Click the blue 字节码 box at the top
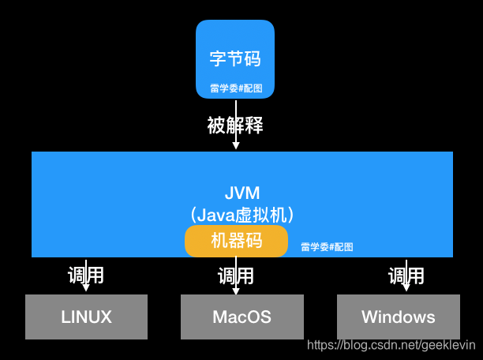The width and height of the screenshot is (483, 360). (x=235, y=59)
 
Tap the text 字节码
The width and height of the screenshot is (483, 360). (x=235, y=58)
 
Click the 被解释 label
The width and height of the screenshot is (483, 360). (x=235, y=125)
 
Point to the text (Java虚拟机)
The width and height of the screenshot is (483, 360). (x=241, y=214)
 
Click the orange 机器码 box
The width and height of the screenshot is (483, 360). (x=236, y=241)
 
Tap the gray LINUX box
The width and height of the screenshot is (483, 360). (x=87, y=317)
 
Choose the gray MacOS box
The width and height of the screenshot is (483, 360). (x=241, y=317)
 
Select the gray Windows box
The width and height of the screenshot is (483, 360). (x=398, y=317)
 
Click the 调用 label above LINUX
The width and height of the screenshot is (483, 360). (x=86, y=276)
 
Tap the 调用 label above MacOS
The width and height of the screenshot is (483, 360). (x=236, y=276)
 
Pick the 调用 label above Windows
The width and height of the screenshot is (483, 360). (x=406, y=276)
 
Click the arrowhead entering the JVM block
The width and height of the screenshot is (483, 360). (x=235, y=147)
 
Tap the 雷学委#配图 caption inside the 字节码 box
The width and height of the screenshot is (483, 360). (x=235, y=88)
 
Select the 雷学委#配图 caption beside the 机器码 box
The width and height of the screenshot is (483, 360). (x=327, y=247)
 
